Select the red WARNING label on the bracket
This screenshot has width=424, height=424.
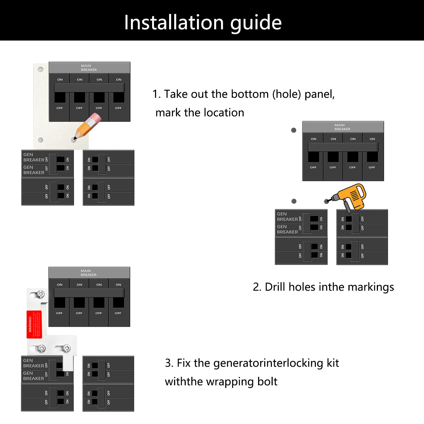tap(34, 324)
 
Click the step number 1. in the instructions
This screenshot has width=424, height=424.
tap(157, 94)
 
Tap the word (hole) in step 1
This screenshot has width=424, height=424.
tap(287, 94)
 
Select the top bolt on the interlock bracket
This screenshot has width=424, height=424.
tap(41, 294)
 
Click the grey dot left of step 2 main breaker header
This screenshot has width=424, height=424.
tap(294, 130)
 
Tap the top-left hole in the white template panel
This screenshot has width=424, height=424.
tap(41, 69)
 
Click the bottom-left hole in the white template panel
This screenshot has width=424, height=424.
tap(41, 140)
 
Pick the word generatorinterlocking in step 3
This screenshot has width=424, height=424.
tap(268, 363)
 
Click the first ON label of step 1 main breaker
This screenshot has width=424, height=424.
tap(60, 79)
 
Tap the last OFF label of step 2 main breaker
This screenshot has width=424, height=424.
tap(372, 167)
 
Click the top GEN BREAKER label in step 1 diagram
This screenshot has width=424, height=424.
tap(33, 157)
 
